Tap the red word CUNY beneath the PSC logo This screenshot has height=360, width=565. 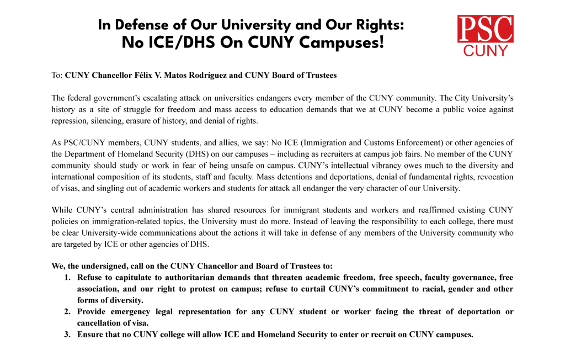pos(486,51)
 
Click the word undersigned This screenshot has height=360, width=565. pos(106,266)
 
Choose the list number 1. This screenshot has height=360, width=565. pos(67,278)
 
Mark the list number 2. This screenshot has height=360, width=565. pos(67,311)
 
